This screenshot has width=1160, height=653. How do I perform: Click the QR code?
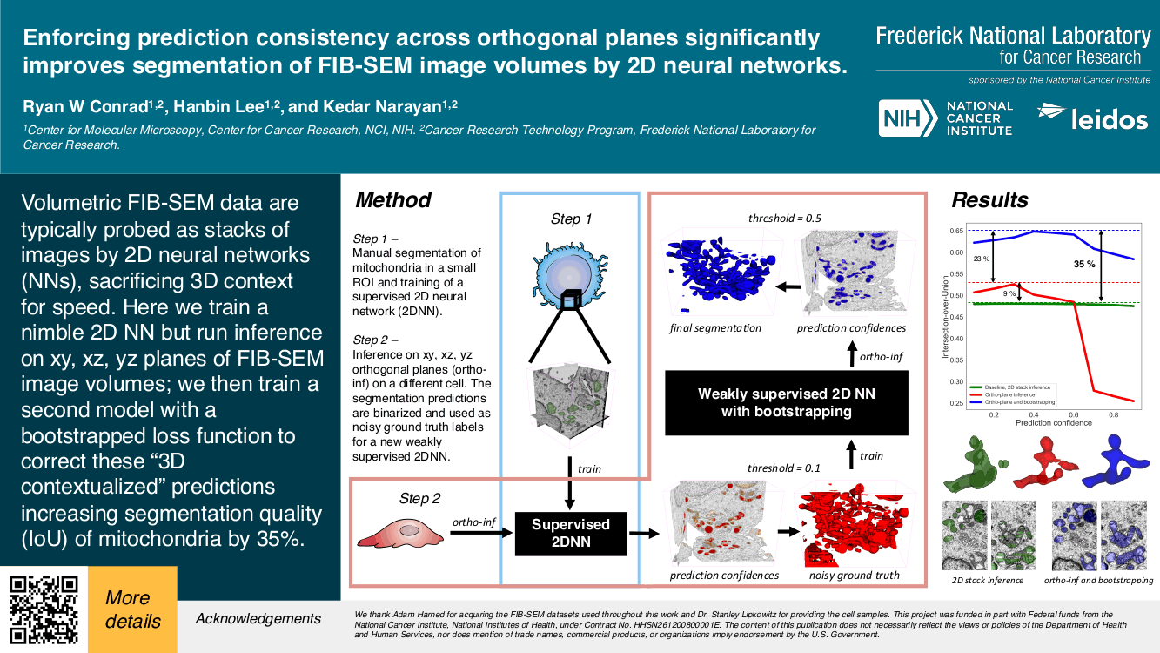coord(44,609)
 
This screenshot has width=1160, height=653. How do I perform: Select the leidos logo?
coord(1092,118)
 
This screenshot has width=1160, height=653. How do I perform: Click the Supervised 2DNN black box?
coord(570,533)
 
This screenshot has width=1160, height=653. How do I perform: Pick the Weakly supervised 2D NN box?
coord(786,402)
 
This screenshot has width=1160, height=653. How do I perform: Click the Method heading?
coord(393,199)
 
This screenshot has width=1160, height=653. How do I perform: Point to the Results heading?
coord(989,199)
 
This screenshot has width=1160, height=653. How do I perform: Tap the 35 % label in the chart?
coord(1083,264)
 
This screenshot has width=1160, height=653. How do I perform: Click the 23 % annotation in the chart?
coord(982,259)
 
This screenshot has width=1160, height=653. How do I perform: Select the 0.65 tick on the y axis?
coord(956,231)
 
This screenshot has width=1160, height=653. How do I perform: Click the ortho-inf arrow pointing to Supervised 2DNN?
coord(474,534)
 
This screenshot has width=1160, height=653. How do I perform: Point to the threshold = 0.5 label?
coord(785,218)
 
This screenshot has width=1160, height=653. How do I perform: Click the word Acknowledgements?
coord(258,619)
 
